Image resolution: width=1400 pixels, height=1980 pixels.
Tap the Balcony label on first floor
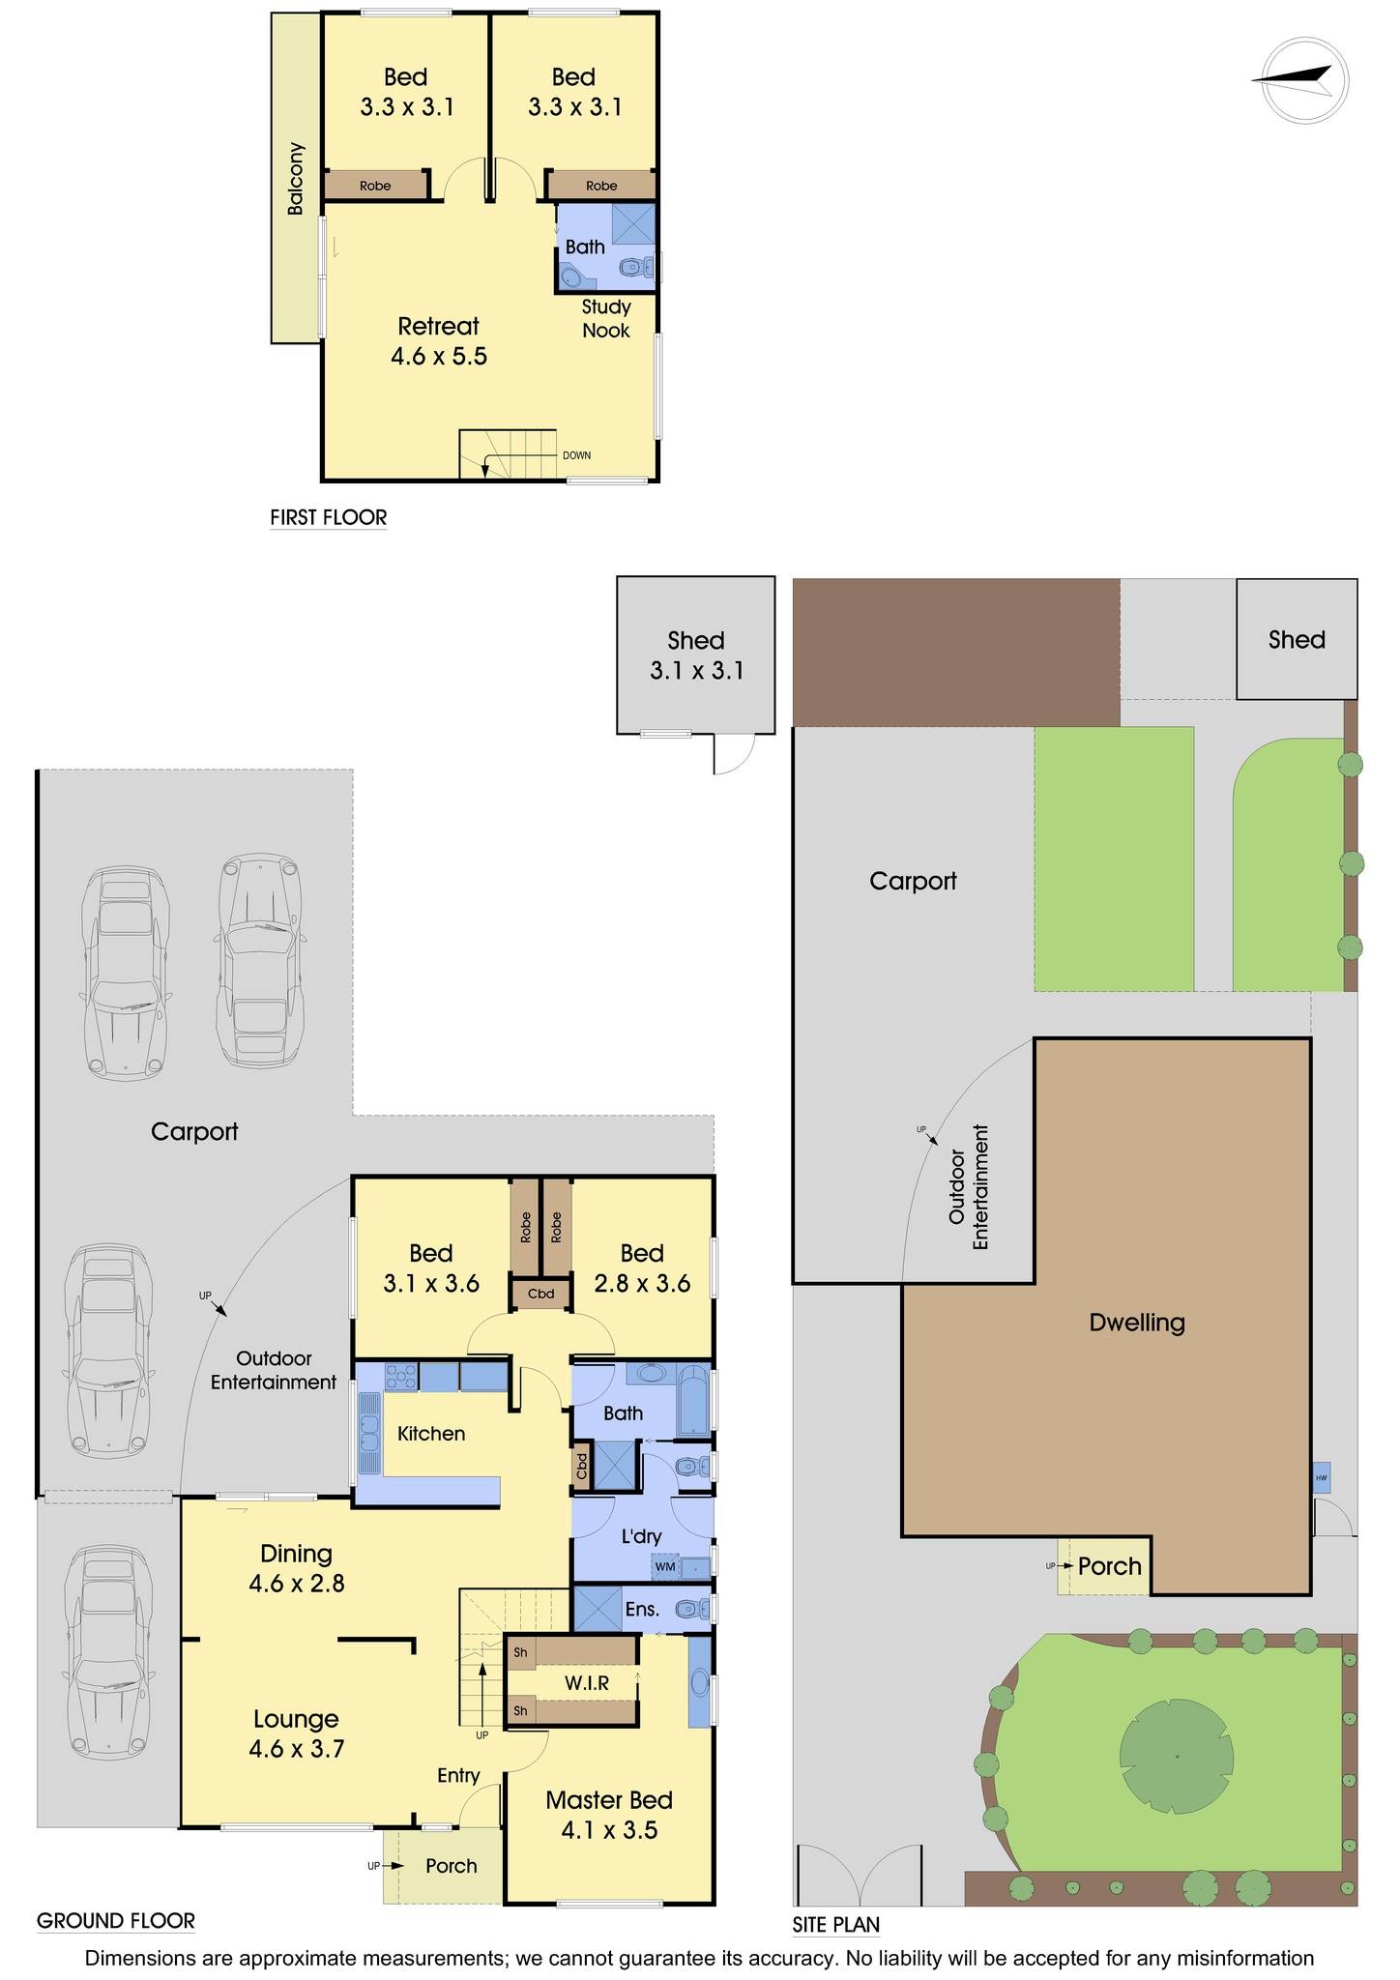tap(295, 179)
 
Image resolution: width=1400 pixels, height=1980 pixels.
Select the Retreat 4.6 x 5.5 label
tap(438, 340)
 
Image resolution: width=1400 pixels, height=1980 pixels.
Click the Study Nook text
tap(606, 318)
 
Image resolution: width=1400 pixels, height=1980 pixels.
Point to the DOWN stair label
tap(576, 455)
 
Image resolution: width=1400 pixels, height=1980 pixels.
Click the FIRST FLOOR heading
tap(328, 517)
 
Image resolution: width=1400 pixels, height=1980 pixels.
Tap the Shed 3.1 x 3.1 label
tap(696, 655)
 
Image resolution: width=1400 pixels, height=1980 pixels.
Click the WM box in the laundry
tap(665, 1566)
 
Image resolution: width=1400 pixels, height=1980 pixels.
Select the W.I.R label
tap(587, 1683)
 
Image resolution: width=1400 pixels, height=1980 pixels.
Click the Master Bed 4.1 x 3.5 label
tap(609, 1815)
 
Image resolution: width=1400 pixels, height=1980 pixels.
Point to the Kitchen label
tap(431, 1434)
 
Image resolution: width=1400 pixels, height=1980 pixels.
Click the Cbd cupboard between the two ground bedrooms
tap(540, 1294)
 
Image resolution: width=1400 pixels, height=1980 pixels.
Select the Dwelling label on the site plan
tap(1137, 1323)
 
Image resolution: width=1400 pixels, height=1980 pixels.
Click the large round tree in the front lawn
tap(1177, 1755)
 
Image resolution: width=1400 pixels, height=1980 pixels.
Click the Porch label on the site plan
tap(1110, 1566)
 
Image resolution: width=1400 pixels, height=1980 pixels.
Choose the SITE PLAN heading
tap(835, 1925)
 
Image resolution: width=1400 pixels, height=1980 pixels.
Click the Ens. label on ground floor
tap(642, 1610)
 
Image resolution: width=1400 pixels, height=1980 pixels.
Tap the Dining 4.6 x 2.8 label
tap(297, 1568)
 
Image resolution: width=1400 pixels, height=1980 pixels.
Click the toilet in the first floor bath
tap(635, 268)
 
